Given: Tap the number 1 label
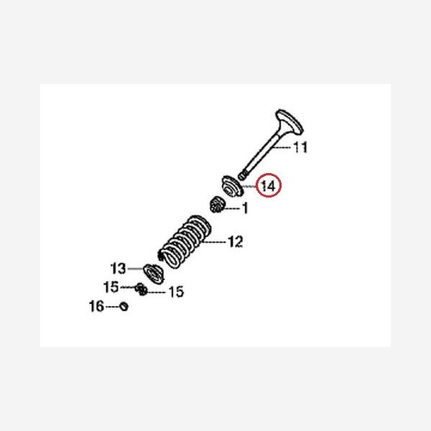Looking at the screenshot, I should click(x=244, y=209).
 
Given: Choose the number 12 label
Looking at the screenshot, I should click(x=235, y=241).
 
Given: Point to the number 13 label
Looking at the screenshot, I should click(x=118, y=269).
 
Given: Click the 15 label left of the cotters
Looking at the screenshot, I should click(x=111, y=287).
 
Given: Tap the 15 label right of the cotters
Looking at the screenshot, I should click(x=175, y=292).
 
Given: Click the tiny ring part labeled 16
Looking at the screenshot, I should click(x=124, y=307).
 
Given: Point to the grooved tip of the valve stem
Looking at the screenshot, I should click(x=244, y=174).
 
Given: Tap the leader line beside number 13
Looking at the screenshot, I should click(x=135, y=269).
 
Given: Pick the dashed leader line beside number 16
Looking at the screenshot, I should click(x=112, y=307).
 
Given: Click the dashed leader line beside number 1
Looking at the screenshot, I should click(x=235, y=209).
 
